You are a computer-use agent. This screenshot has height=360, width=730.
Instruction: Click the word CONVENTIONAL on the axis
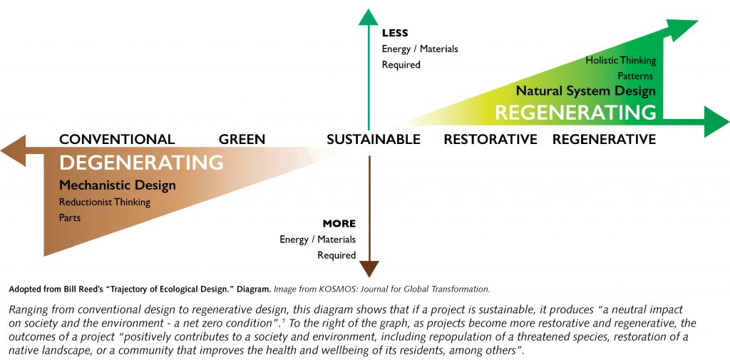click(x=117, y=139)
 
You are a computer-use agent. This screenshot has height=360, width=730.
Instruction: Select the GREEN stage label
click(x=242, y=139)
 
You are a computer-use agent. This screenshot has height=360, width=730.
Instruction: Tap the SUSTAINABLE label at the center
click(x=374, y=139)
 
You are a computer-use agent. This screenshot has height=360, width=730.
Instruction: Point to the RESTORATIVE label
click(x=490, y=139)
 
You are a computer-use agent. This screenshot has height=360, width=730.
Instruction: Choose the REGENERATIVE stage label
click(x=604, y=139)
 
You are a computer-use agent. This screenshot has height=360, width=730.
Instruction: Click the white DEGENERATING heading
click(x=142, y=163)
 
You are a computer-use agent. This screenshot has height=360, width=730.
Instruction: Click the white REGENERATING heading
click(x=575, y=113)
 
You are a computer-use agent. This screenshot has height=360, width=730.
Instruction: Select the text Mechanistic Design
click(x=118, y=185)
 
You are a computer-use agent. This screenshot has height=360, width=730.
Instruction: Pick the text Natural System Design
click(x=586, y=91)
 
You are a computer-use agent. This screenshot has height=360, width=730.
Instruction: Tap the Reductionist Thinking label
click(x=105, y=202)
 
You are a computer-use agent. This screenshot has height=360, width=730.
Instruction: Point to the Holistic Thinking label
click(x=621, y=61)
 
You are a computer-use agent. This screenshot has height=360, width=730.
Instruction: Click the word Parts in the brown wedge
click(x=70, y=217)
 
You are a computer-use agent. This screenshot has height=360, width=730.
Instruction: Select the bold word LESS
click(x=395, y=33)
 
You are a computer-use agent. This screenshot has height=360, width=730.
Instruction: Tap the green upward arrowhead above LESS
click(x=369, y=17)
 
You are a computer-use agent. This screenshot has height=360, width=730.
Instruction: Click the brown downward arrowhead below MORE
click(x=369, y=269)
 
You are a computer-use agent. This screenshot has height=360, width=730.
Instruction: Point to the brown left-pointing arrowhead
click(x=13, y=150)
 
